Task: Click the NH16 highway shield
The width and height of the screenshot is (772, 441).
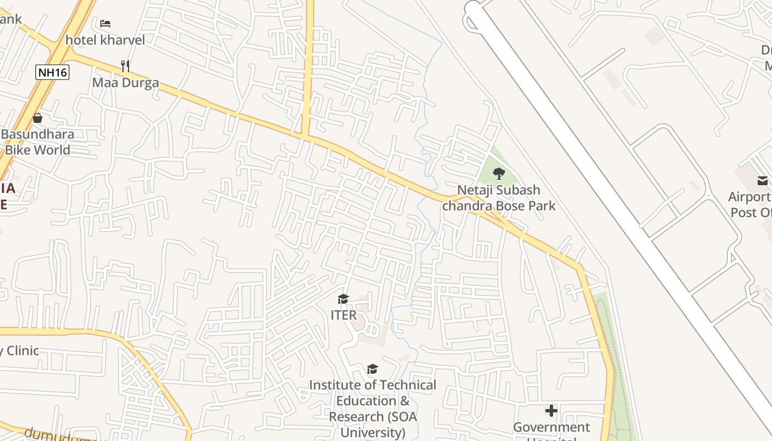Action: point(52,72)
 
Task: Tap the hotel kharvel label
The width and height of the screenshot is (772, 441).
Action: point(105,40)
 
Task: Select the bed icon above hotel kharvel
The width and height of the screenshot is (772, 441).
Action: point(105,24)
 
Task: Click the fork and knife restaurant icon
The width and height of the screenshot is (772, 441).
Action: point(125,66)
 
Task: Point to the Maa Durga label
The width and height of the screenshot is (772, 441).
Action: point(125,83)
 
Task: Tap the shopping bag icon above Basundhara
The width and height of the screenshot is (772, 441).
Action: point(37,117)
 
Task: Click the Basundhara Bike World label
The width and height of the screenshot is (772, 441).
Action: point(37,142)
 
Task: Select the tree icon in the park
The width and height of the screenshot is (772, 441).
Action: point(498,174)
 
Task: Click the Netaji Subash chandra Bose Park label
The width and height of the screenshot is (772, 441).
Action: point(499,198)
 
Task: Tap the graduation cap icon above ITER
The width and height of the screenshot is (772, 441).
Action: point(343,299)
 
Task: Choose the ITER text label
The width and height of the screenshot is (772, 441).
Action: point(343,315)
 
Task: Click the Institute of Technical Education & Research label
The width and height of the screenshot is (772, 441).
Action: point(372,408)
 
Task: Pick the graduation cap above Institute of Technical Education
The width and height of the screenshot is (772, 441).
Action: point(373,369)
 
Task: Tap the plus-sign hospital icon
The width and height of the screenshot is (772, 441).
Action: point(551,411)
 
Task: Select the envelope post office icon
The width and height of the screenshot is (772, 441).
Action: point(763,181)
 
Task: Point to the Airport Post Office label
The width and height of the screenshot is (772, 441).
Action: point(750,205)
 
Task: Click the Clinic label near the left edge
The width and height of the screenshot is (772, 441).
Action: point(20,351)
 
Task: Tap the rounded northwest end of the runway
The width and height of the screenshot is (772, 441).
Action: point(473,9)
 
